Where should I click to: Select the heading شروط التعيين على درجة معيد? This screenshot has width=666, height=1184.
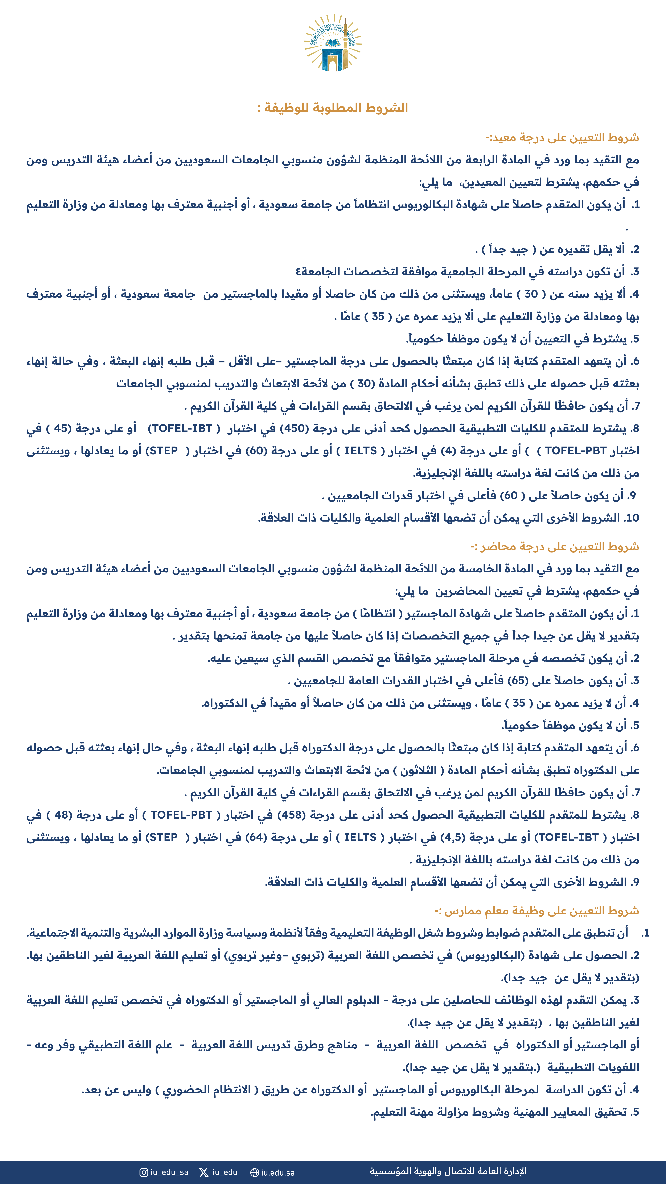[x=562, y=137]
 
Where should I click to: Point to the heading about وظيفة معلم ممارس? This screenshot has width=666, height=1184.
[x=536, y=910]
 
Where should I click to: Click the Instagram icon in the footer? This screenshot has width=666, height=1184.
[x=144, y=1172]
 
